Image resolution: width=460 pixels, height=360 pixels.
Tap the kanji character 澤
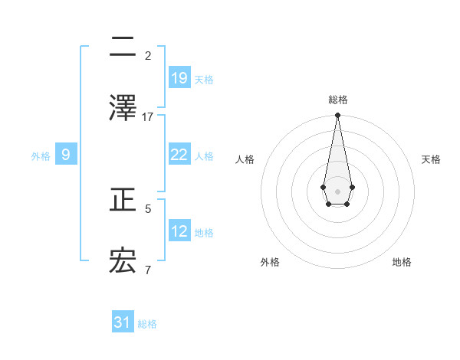pyautogui.click(x=123, y=108)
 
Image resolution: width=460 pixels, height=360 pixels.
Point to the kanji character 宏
pyautogui.click(x=123, y=261)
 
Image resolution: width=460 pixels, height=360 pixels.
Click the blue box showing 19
pyautogui.click(x=179, y=78)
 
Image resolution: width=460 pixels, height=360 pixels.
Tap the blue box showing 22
pyautogui.click(x=179, y=155)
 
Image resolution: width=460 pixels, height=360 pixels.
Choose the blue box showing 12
pyautogui.click(x=179, y=231)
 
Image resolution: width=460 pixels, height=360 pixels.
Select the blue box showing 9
pyautogui.click(x=66, y=155)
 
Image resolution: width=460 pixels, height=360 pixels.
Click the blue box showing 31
pyautogui.click(x=123, y=323)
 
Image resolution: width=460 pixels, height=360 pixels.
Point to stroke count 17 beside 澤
pyautogui.click(x=148, y=116)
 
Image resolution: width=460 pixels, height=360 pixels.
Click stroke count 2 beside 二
pyautogui.click(x=148, y=55)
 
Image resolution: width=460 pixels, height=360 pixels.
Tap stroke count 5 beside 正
pyautogui.click(x=148, y=208)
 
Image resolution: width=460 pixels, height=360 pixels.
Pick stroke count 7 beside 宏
pyautogui.click(x=148, y=270)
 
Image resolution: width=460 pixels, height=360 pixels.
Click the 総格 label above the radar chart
pyautogui.click(x=338, y=100)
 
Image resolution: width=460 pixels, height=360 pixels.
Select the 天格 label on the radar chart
pyautogui.click(x=432, y=159)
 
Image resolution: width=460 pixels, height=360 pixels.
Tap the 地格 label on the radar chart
pyautogui.click(x=402, y=262)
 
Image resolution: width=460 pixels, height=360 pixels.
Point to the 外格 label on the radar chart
pyautogui.click(x=270, y=262)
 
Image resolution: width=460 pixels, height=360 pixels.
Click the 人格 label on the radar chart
pyautogui.click(x=245, y=159)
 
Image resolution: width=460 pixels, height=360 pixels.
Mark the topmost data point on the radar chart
pyautogui.click(x=337, y=116)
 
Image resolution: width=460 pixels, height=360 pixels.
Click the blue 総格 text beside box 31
pyautogui.click(x=147, y=324)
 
